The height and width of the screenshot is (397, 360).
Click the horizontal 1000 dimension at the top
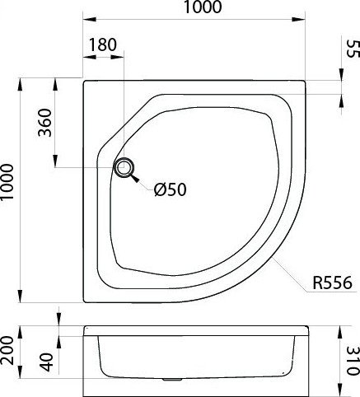coord(203,7)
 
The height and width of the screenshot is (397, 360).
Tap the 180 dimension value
coord(102,44)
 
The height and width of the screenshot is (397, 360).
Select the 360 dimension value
coord(44,123)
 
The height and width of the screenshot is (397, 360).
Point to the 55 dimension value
coord(353,49)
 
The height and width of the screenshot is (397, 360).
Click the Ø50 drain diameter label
coord(171,189)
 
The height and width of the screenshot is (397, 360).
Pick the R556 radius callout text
coord(332,283)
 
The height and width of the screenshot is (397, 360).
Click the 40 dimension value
coord(46,362)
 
